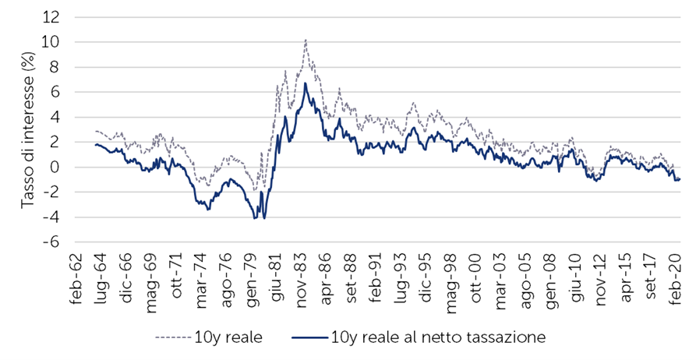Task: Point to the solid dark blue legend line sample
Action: [309, 338]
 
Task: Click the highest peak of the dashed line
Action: [306, 40]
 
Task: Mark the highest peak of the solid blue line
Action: [306, 83]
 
